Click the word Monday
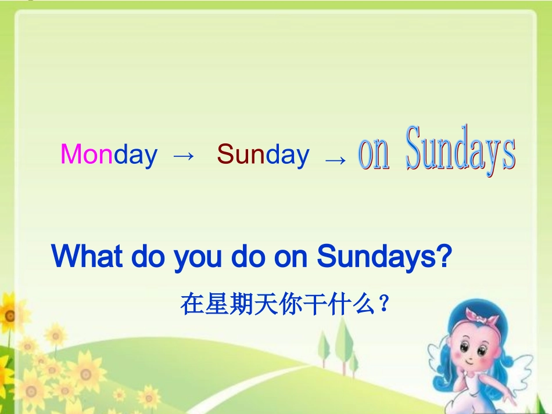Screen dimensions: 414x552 (109, 155)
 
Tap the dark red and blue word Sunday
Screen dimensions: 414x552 (263, 155)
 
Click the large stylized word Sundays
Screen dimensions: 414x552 (460, 149)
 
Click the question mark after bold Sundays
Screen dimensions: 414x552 (443, 256)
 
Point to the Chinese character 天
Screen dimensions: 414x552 (266, 304)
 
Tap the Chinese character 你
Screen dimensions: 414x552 (291, 304)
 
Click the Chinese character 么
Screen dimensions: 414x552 (364, 304)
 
